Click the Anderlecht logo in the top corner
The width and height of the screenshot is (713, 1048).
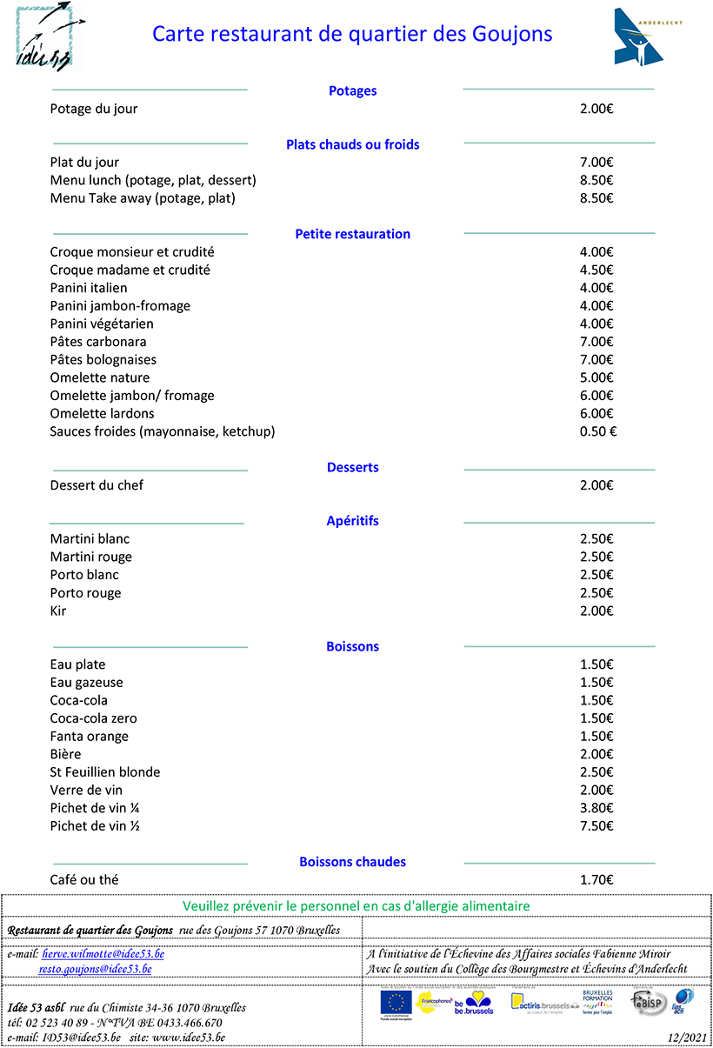638,37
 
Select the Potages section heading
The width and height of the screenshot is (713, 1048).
352,90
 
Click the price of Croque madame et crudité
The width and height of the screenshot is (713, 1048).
596,270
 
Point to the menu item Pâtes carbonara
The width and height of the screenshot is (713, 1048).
98,342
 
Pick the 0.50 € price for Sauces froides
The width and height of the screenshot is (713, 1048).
597,431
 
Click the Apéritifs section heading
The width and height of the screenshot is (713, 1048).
352,521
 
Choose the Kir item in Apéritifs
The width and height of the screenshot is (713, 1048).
58,611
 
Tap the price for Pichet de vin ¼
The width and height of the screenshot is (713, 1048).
596,808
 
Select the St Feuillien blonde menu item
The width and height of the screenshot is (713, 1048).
105,772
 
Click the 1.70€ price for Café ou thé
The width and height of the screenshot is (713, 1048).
596,880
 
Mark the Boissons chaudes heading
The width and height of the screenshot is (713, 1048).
352,862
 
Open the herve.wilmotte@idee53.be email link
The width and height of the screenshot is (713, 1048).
103,954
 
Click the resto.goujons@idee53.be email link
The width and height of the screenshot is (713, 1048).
96,969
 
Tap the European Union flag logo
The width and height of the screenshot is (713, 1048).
396,1003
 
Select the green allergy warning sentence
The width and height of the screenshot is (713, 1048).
356,906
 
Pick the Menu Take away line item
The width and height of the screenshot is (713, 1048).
143,198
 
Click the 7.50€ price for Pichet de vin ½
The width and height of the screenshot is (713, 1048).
596,826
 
